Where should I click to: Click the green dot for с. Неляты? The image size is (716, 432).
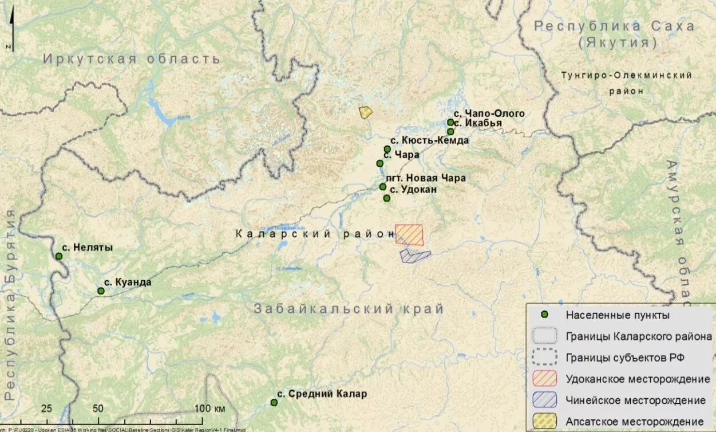[x=58, y=256]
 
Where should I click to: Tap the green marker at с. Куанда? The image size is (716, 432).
[x=101, y=291]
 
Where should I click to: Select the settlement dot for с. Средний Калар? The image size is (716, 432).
[x=274, y=402]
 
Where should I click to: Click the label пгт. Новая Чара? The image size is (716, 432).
[x=426, y=178]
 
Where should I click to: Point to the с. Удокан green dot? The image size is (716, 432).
[x=387, y=198]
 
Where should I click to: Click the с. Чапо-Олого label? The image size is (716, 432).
[x=490, y=113]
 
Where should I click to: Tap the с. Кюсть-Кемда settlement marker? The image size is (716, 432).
[x=387, y=149]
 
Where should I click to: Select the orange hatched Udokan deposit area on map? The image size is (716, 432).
[x=409, y=235]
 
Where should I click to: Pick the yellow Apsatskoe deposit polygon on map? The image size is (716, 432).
[x=365, y=112]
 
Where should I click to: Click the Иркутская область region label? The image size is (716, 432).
[x=132, y=59]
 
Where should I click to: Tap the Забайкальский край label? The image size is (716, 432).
[x=349, y=309]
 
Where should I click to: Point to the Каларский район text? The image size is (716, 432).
[x=315, y=234]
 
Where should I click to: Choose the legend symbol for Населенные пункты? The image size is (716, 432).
[x=545, y=315]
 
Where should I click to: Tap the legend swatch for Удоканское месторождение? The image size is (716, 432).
[x=544, y=379]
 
